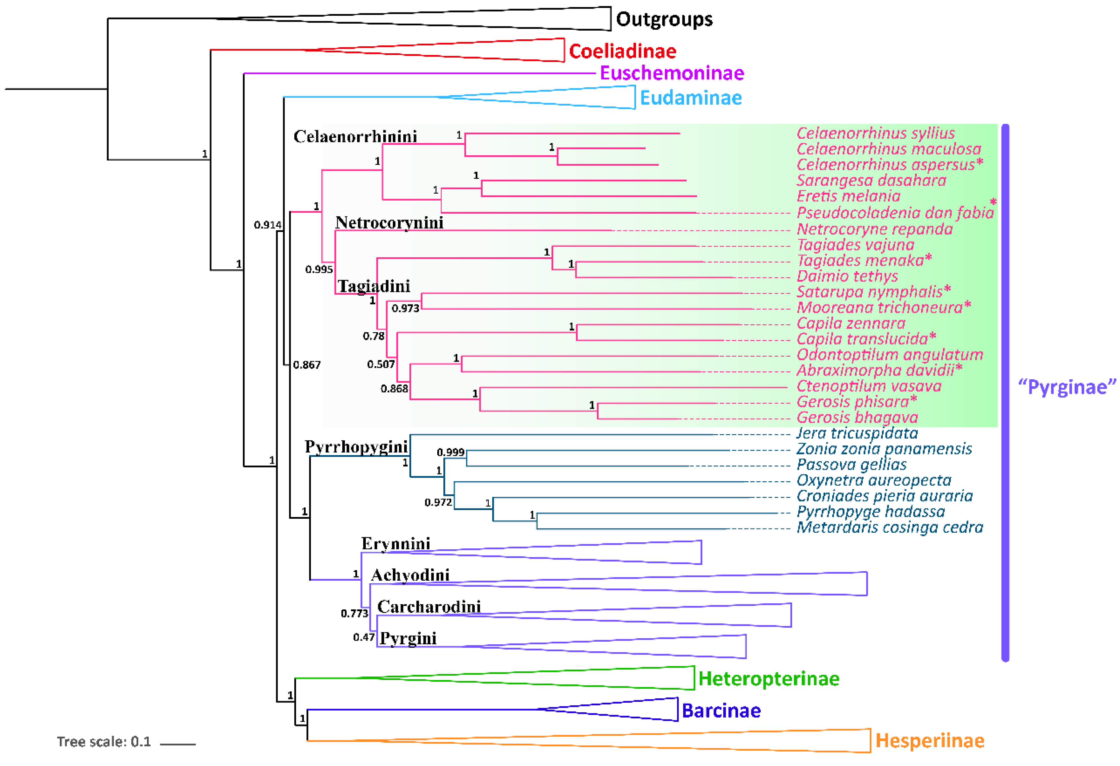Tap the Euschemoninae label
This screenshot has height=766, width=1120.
click(672, 73)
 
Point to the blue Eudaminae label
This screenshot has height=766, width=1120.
click(691, 98)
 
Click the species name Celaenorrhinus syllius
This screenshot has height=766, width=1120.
click(875, 133)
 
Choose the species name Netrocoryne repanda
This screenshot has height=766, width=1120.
click(874, 229)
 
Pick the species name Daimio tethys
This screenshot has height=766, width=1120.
click(847, 276)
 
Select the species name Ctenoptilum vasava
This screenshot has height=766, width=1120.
click(868, 386)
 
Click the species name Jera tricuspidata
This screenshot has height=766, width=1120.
click(857, 433)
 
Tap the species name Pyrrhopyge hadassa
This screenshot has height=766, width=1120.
click(870, 511)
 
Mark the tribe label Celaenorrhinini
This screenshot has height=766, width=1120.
click(355, 137)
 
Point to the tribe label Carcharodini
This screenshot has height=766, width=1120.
click(429, 607)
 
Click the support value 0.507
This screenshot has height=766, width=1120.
click(381, 364)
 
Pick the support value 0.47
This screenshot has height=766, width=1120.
click(363, 637)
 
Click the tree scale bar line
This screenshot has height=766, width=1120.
click(177, 744)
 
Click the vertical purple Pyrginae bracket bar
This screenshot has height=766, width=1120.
click(1005, 393)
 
